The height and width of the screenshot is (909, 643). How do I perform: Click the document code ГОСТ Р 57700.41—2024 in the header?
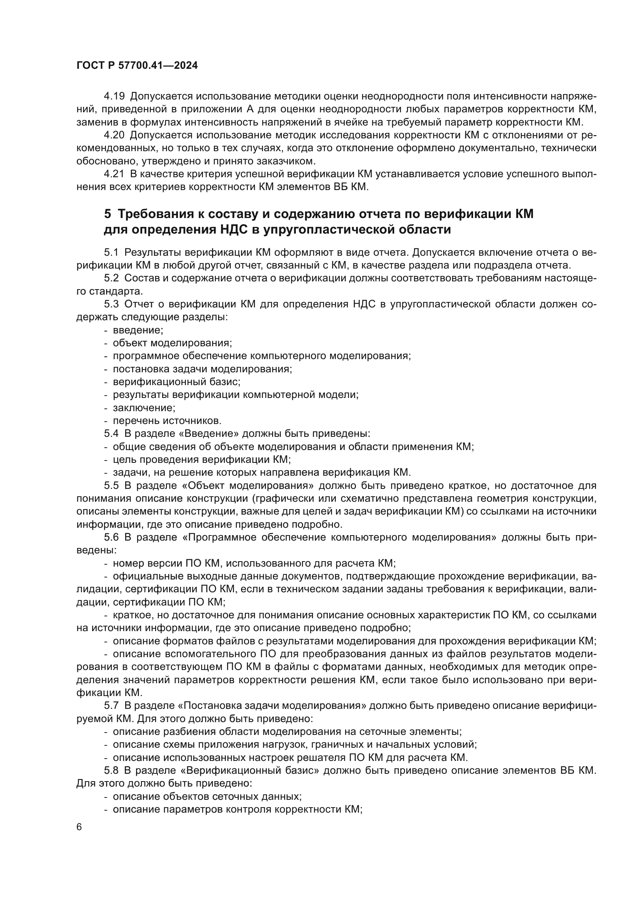[x=137, y=66]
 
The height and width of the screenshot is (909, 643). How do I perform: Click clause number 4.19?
[x=114, y=96]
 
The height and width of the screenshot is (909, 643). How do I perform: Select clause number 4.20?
[x=114, y=135]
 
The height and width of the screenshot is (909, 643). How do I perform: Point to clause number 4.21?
[x=114, y=174]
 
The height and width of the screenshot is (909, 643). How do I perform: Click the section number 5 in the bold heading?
[x=108, y=214]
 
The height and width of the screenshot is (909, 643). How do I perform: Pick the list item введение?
[x=138, y=330]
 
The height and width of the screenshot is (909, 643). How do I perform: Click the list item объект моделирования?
[x=172, y=343]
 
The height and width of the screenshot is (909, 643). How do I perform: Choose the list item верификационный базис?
[x=176, y=382]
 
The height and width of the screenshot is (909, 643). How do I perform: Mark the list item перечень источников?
[x=167, y=421]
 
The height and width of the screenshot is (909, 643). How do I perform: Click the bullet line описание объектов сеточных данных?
[x=207, y=796]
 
